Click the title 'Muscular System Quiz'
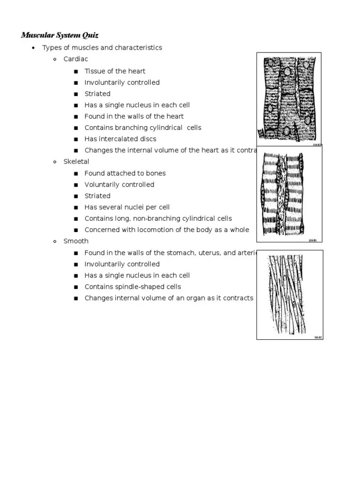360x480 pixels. (60, 35)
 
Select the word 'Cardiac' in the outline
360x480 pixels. (75, 59)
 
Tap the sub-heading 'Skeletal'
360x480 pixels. (76, 162)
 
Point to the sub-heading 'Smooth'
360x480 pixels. (75, 241)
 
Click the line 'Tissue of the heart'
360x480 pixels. (115, 71)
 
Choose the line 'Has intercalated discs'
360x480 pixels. (120, 139)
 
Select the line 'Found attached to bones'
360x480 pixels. (125, 173)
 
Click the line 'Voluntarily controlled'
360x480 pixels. (119, 185)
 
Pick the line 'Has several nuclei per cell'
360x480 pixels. (127, 207)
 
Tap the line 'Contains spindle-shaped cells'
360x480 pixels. (132, 287)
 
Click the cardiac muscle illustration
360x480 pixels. (289, 100)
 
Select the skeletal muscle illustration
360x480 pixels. (289, 194)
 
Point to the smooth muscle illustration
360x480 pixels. (290, 294)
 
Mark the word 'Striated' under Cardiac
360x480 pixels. (97, 94)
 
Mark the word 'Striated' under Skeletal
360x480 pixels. (97, 196)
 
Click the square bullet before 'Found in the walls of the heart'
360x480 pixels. (76, 117)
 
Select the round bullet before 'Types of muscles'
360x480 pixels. (33, 48)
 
